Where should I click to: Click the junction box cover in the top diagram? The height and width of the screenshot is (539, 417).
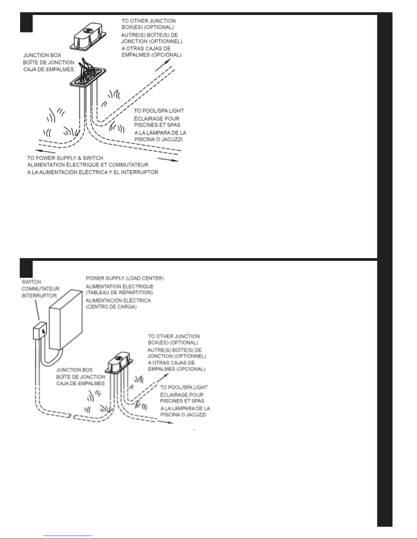coord(88,37)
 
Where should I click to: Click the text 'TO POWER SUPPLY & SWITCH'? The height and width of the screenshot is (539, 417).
coord(65,158)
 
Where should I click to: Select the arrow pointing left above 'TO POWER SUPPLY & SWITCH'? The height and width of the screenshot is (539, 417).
coord(45,151)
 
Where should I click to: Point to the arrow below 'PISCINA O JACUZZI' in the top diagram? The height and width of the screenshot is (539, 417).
coord(168,160)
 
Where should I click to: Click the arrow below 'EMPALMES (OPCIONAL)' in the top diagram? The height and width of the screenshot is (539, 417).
coord(163,65)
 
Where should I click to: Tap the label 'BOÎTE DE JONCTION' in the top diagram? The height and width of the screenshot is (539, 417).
coord(48,62)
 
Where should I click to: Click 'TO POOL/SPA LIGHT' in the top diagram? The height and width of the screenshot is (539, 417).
coord(159,111)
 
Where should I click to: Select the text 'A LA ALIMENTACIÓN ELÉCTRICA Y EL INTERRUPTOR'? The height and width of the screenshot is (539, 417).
coord(93,172)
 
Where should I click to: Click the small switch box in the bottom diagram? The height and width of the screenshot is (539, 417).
coord(40,331)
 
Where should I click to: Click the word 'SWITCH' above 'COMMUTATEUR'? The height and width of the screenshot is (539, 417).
coord(31,282)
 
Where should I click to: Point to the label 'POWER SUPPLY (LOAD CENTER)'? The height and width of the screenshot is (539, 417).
coord(125,278)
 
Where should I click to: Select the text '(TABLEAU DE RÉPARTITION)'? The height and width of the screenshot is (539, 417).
coord(119,292)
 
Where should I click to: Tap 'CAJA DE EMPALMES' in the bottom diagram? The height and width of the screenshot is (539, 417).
coord(80,384)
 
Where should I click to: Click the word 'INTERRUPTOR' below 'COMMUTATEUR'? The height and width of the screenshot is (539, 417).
coord(39,296)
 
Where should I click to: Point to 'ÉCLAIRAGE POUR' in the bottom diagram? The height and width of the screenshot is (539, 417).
coord(182,394)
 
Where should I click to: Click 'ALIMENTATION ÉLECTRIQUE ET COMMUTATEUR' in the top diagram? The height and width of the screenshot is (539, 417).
coord(88,165)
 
